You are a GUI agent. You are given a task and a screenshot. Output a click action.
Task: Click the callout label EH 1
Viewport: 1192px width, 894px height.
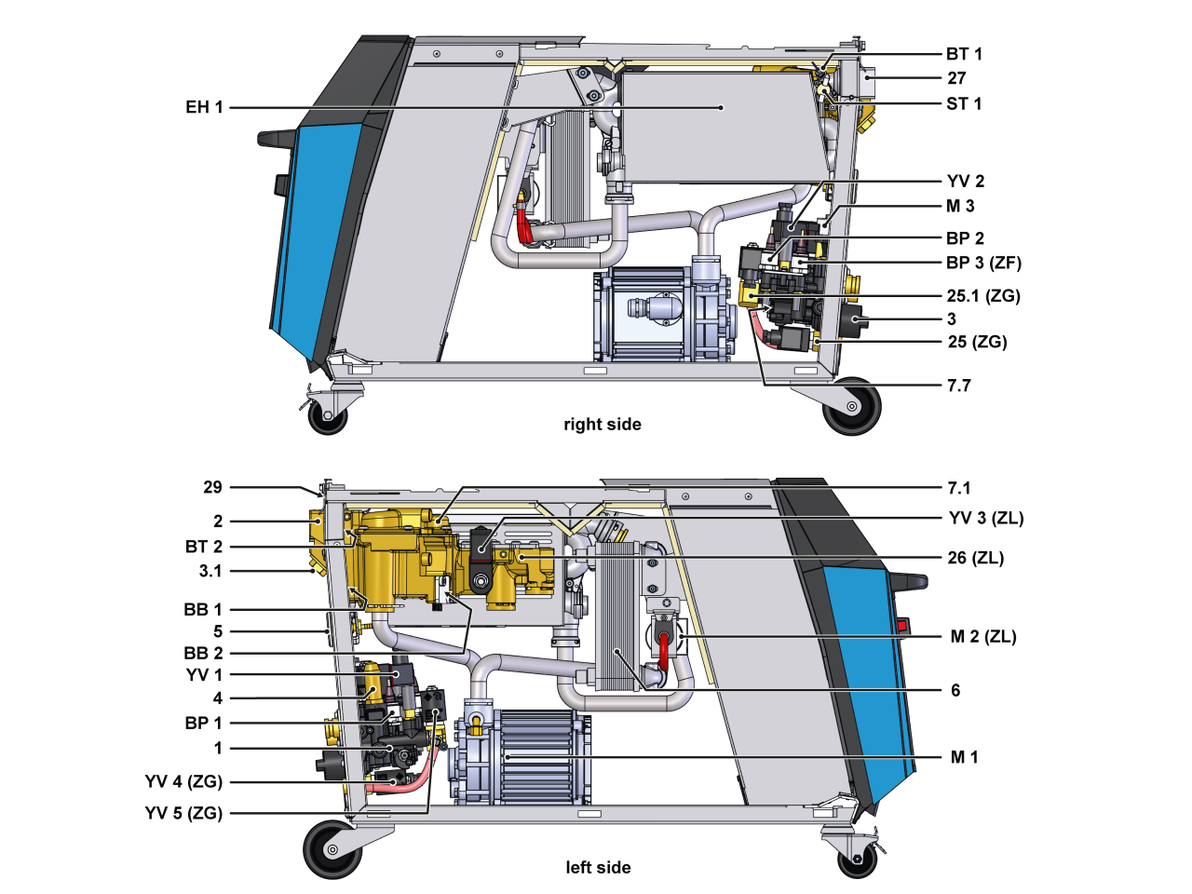coord(204,107)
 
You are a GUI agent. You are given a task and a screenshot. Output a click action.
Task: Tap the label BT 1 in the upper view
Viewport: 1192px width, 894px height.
coord(964,54)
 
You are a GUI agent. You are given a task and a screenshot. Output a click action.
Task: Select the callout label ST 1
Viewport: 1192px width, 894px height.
coord(964,103)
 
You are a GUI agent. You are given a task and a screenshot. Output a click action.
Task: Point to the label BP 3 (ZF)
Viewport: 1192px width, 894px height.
coord(983,263)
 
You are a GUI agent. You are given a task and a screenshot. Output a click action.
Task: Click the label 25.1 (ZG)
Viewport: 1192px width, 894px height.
coord(983,296)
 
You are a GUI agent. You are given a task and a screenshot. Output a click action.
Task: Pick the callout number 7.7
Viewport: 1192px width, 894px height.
coord(959,386)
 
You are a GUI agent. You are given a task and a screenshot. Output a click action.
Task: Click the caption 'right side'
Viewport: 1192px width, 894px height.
coord(603,425)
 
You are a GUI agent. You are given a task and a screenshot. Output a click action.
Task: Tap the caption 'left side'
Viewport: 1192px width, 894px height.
coord(598,868)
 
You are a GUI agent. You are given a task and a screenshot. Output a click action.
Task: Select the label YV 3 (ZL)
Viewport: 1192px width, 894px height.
coord(986,519)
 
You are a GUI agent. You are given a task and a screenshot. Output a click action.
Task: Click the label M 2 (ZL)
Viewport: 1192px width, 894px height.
coord(983,637)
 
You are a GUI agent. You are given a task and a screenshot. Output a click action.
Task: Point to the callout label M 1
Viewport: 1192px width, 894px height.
coord(965,757)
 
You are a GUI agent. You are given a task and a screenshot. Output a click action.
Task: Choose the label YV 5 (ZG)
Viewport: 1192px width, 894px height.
coord(183,813)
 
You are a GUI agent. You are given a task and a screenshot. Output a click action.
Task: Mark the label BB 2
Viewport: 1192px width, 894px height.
coord(203,653)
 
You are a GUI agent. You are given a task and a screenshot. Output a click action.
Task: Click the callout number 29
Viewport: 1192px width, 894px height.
coord(213,487)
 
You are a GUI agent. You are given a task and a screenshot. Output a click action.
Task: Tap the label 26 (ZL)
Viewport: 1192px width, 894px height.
coord(976,559)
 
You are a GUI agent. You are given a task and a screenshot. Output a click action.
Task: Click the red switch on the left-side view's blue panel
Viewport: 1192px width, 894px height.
coord(901,626)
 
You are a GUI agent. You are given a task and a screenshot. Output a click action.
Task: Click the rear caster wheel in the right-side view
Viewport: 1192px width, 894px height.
coord(851,406)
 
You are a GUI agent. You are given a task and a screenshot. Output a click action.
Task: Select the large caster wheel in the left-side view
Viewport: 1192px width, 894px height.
coord(332,849)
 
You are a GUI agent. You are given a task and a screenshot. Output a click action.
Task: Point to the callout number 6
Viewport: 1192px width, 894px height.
coord(955,690)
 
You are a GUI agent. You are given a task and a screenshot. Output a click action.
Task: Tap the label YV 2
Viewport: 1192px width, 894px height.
coord(966,182)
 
